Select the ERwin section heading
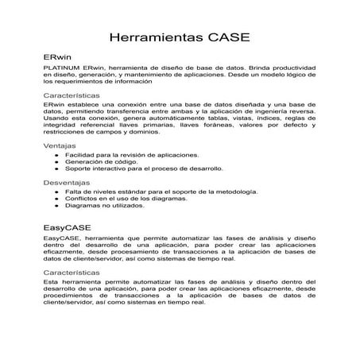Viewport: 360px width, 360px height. click(56, 58)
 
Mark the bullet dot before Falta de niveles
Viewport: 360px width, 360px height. click(56, 192)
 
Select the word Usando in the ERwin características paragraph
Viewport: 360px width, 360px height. click(54, 119)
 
